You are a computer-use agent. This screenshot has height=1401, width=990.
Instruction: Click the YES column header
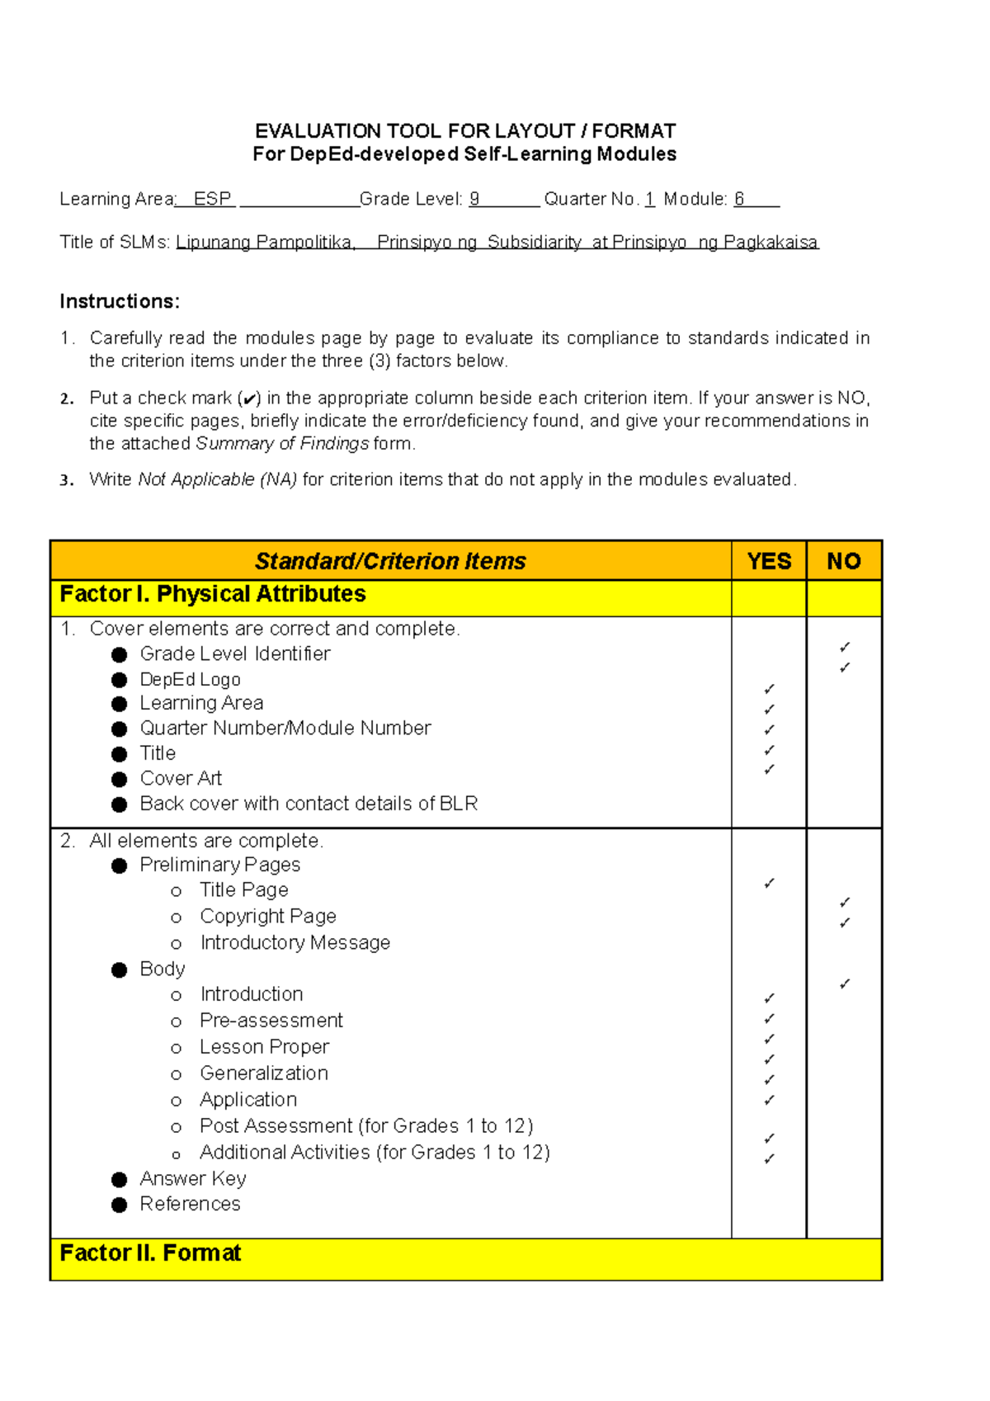click(x=769, y=561)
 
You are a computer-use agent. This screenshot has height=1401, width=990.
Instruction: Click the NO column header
click(x=844, y=561)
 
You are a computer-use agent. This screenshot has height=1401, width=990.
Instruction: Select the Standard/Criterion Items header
click(x=390, y=561)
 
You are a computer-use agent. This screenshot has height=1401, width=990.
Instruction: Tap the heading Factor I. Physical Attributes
click(x=213, y=594)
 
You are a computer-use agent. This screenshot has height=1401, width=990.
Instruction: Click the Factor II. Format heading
click(x=150, y=1253)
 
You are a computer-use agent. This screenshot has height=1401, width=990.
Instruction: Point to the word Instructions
click(x=120, y=301)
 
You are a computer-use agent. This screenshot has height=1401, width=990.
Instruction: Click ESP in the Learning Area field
click(x=212, y=199)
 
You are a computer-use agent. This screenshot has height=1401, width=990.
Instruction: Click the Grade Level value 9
click(x=474, y=199)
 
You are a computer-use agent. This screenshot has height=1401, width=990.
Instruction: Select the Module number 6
click(x=739, y=199)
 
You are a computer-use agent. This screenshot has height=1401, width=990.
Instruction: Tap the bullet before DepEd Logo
click(x=120, y=680)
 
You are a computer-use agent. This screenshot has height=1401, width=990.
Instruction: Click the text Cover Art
click(x=181, y=778)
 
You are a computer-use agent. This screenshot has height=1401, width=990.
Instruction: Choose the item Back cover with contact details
click(x=309, y=804)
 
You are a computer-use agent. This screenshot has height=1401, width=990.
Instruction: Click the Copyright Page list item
click(x=267, y=916)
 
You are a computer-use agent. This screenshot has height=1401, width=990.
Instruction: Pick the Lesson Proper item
click(x=264, y=1046)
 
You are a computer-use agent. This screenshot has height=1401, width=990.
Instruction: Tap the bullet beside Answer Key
click(x=120, y=1180)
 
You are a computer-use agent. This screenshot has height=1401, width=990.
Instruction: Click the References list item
click(x=190, y=1204)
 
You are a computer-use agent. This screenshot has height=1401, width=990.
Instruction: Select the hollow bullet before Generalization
click(x=176, y=1074)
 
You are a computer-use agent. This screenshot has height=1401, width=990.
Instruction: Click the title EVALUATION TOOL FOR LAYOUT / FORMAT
click(x=465, y=131)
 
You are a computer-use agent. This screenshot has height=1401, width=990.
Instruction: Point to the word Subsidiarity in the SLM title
click(x=535, y=243)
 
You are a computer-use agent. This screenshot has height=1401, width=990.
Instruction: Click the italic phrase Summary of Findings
click(x=282, y=444)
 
